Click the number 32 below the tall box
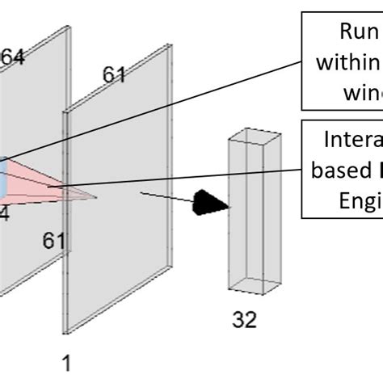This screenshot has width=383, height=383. coord(244,319)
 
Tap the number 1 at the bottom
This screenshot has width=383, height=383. coord(67,364)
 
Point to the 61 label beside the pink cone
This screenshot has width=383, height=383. coord(55,240)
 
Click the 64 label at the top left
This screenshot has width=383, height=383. coord(11,57)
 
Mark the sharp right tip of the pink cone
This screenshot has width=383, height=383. coord(96,196)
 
